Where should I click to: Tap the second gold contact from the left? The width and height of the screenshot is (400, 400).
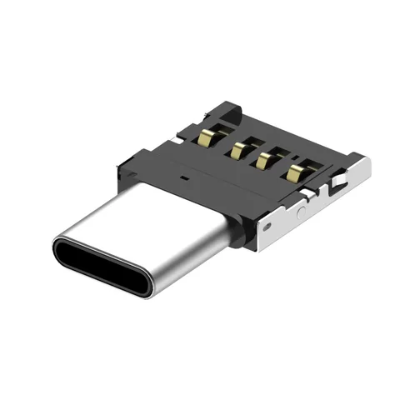click(x=239, y=149)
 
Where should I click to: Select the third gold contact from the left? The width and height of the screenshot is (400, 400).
click(x=267, y=161)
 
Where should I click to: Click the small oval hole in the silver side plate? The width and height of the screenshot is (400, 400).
click(x=268, y=223)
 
